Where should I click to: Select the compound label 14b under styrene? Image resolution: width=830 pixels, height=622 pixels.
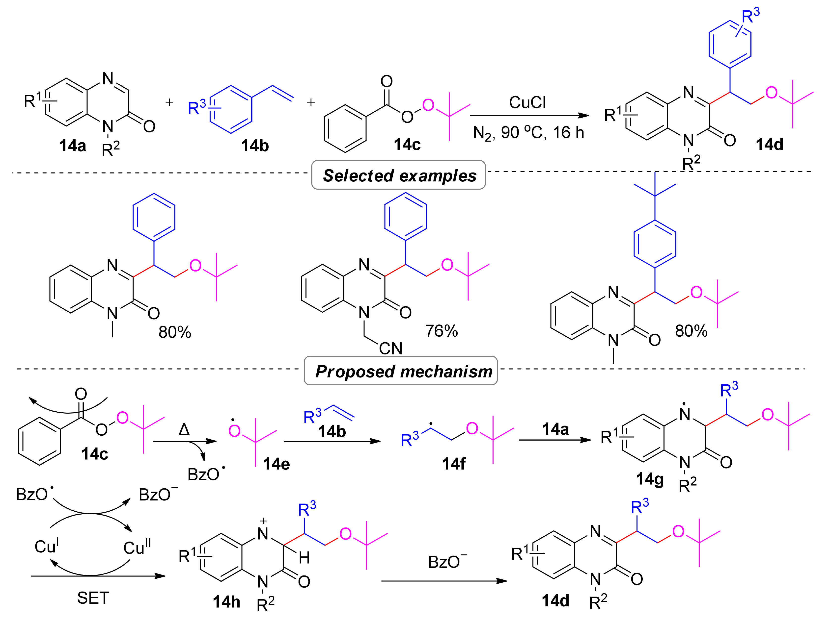click(x=255, y=146)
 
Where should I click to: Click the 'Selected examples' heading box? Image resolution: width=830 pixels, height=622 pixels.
click(x=398, y=175)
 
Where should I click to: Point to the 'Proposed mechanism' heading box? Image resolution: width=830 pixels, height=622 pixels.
click(x=401, y=371)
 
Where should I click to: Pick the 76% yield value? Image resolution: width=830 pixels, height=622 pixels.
click(x=441, y=331)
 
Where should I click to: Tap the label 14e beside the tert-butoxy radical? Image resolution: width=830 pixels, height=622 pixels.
click(x=276, y=464)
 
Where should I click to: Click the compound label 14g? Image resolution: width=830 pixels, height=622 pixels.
click(x=650, y=479)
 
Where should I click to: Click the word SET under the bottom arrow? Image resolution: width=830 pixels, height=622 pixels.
click(x=93, y=598)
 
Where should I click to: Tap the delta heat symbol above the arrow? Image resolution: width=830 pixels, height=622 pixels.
click(x=184, y=429)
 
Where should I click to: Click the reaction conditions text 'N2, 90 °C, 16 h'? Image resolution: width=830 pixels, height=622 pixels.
click(x=528, y=133)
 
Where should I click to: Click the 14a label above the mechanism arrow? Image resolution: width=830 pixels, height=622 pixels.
click(x=555, y=429)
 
